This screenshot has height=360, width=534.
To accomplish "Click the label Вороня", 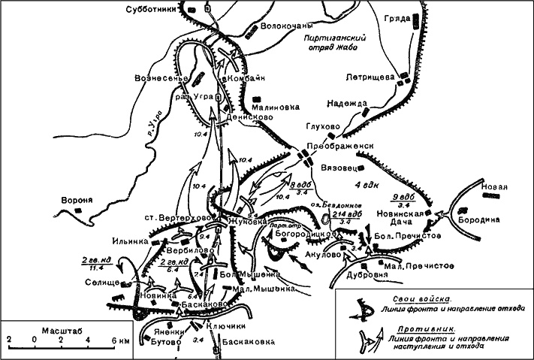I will pos(78,201).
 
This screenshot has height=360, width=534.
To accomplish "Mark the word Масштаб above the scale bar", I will pos(48,329).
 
